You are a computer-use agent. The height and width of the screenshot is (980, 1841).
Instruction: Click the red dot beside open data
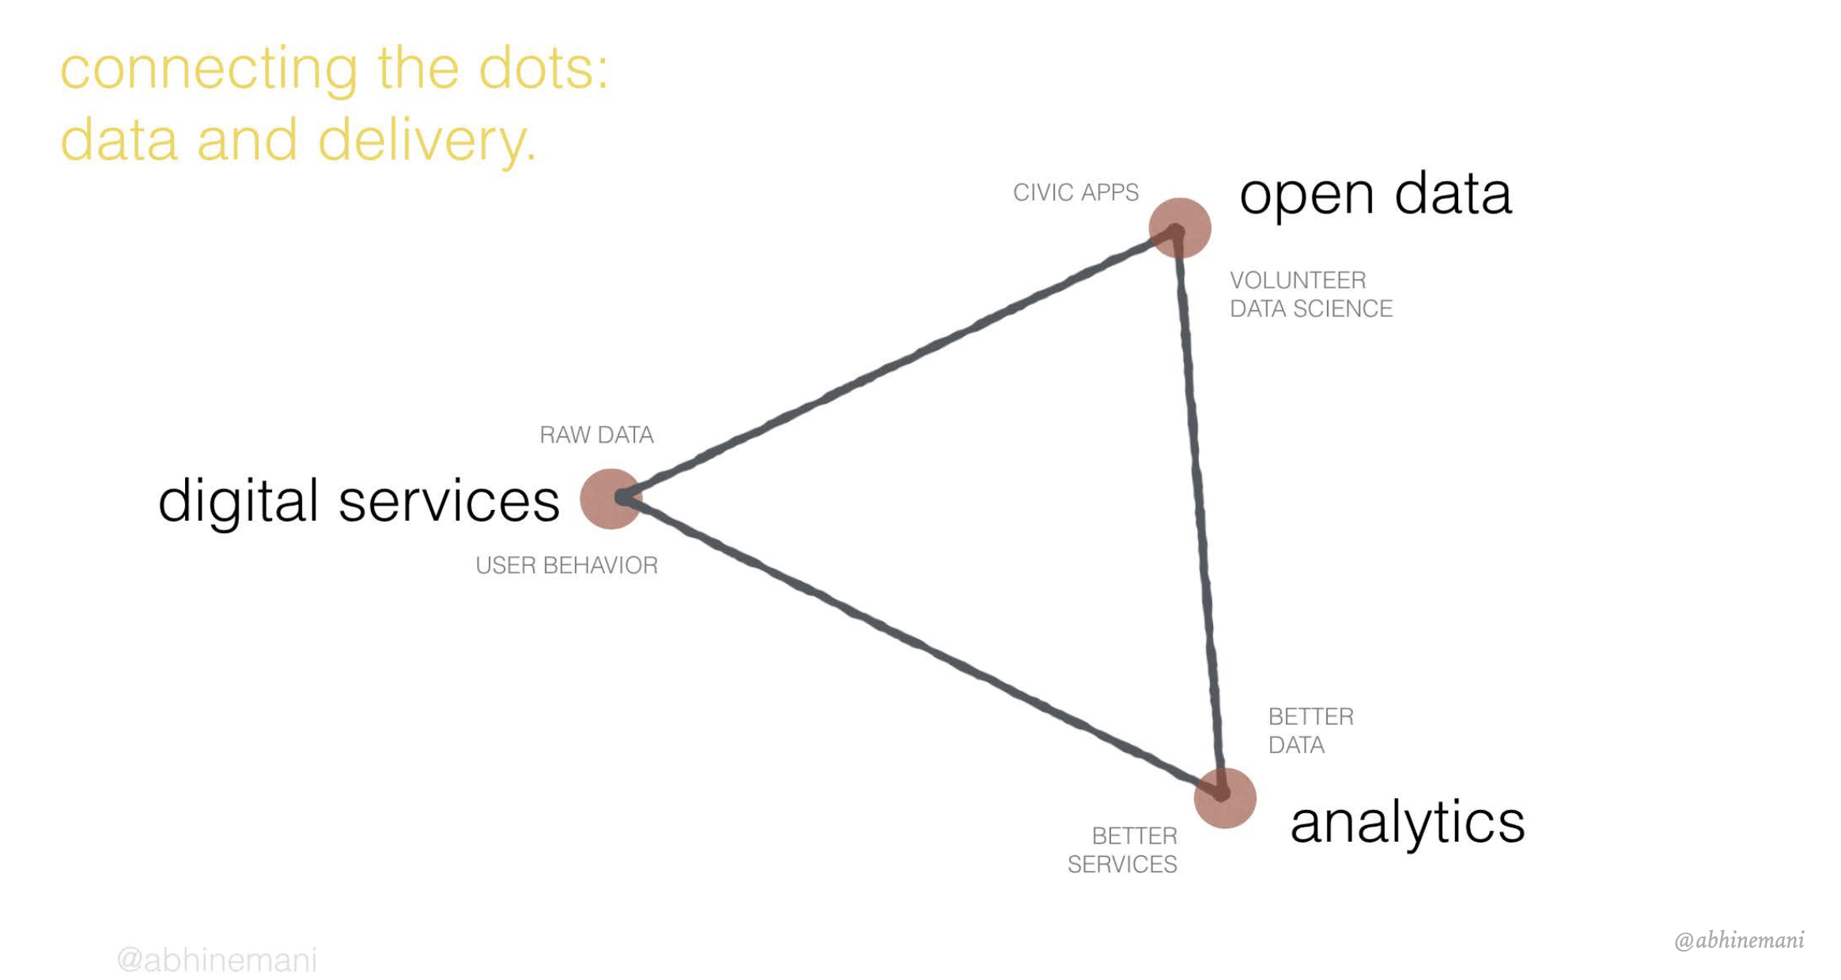point(1179,228)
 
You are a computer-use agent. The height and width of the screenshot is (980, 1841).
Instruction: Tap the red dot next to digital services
point(611,499)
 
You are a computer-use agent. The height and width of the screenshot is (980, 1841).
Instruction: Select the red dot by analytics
point(1225,797)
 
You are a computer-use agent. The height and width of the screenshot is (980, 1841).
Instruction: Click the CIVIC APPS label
point(1075,192)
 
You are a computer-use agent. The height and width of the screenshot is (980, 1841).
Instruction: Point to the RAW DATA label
point(596,435)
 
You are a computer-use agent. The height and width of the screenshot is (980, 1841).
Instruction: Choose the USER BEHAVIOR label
point(566,565)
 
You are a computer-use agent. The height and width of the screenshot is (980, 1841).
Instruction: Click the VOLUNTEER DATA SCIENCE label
point(1310,294)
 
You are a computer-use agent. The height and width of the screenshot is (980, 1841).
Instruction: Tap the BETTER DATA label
point(1310,731)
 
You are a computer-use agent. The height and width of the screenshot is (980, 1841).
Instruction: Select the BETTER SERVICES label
point(1122,850)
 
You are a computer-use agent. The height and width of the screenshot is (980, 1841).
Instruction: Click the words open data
point(1375,195)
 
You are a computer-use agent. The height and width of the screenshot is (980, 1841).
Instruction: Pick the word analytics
point(1407,822)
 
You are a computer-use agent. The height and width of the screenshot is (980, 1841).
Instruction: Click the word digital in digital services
point(238,501)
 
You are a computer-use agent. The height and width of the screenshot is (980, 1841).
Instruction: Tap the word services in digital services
point(449,501)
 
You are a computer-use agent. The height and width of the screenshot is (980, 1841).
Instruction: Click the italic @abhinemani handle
point(1739,940)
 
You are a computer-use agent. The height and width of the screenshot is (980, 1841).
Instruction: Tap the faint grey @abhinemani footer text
point(217,960)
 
